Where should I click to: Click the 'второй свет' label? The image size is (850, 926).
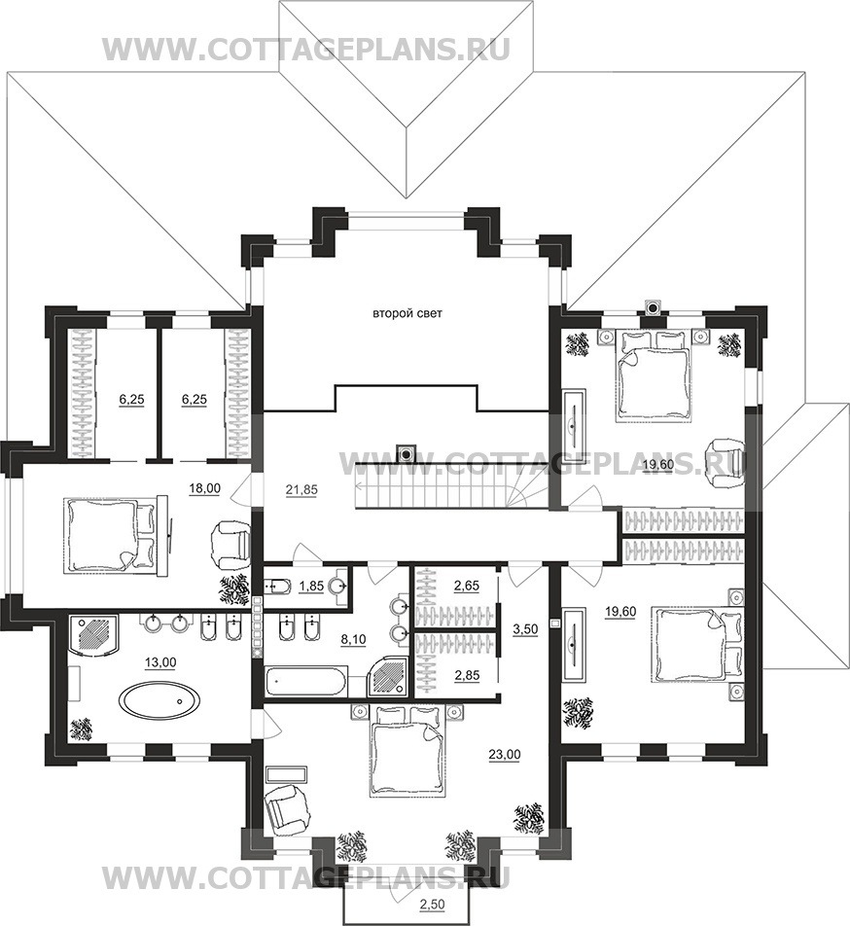point(407,313)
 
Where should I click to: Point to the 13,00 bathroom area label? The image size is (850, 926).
point(160,662)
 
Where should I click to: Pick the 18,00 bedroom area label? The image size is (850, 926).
point(205,488)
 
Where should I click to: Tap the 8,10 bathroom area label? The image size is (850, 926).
point(354,639)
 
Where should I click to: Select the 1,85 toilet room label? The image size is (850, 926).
point(311,586)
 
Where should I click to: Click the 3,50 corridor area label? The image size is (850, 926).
point(525,629)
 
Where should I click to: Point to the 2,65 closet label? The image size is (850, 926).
point(466,586)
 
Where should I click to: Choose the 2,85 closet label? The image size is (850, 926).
point(466,676)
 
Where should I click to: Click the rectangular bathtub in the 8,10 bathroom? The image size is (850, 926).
point(306,683)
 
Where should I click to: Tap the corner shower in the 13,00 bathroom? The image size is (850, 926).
point(94,633)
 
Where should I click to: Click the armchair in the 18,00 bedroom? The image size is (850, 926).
point(230,541)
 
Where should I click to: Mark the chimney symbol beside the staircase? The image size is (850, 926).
point(406,453)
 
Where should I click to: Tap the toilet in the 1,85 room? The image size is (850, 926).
point(276,586)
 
